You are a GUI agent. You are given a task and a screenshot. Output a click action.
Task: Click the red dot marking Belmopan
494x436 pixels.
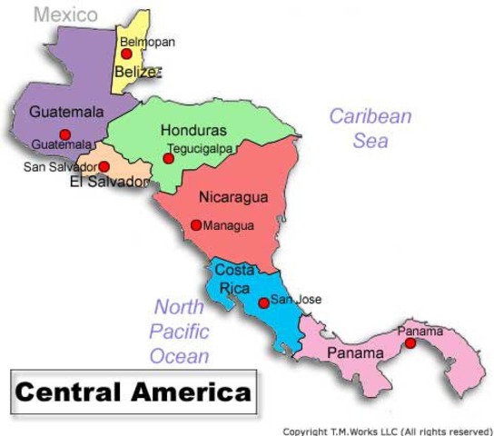click(x=126, y=54)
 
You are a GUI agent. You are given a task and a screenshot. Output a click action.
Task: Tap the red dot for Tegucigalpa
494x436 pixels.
click(x=168, y=159)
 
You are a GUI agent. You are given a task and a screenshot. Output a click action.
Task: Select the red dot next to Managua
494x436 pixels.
click(x=196, y=225)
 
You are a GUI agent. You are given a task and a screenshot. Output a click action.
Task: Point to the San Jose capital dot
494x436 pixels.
click(x=263, y=303)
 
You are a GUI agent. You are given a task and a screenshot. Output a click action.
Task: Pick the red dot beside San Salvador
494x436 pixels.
click(x=104, y=167)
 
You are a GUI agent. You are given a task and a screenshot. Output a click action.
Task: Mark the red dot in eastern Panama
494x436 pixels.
click(x=410, y=343)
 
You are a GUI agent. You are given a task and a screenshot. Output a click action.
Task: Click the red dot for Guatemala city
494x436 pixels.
click(x=64, y=134)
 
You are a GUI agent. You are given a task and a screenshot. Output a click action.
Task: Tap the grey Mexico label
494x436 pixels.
click(x=65, y=15)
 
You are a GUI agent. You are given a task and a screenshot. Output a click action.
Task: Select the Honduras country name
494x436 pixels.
click(x=193, y=130)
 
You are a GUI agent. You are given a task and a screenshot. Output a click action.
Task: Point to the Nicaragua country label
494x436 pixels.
click(x=233, y=196)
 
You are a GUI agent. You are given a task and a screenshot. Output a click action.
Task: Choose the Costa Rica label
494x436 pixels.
click(x=233, y=279)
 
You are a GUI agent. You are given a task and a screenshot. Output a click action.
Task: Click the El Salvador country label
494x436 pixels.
click(x=108, y=182)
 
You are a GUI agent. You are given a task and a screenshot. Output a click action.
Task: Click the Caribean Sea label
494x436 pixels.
click(x=370, y=128)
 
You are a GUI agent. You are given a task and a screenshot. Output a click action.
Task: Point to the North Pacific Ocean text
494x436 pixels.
click(x=180, y=332)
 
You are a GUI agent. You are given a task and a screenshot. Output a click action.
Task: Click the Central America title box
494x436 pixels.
click(x=133, y=392)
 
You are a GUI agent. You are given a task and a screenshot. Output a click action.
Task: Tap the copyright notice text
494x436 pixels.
click(x=388, y=431)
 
